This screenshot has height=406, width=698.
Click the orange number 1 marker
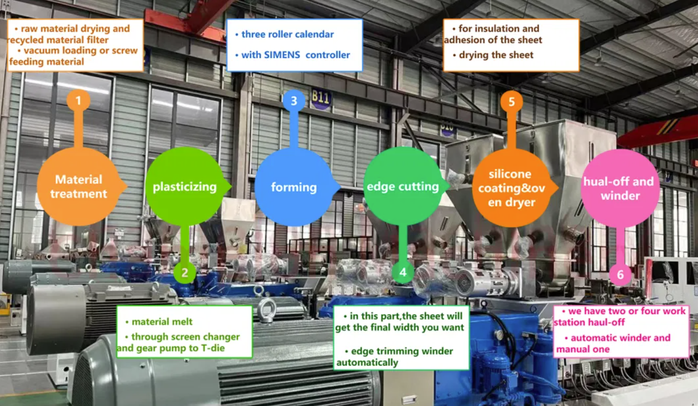coord(78,101)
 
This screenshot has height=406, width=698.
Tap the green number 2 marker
coord(185,273)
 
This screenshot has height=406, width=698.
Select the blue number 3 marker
coord(294,101)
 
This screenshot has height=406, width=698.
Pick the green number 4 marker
coord(402,272)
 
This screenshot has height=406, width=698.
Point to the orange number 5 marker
coord(511,102)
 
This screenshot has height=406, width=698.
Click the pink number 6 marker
coord(620,274)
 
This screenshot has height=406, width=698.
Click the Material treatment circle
coord(78,187)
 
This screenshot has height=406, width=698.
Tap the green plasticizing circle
coord(185,187)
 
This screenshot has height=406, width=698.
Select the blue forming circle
coord(294,187)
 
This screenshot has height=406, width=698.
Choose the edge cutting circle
coord(402,187)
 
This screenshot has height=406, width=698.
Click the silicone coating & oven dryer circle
coord(511,188)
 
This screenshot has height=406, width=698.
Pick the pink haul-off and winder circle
coord(619,188)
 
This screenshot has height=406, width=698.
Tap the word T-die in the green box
coord(213,348)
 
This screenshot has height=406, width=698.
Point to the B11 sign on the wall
coord(320,98)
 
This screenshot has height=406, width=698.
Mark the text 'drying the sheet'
coord(496,55)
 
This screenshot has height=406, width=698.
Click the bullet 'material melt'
coord(162,322)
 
